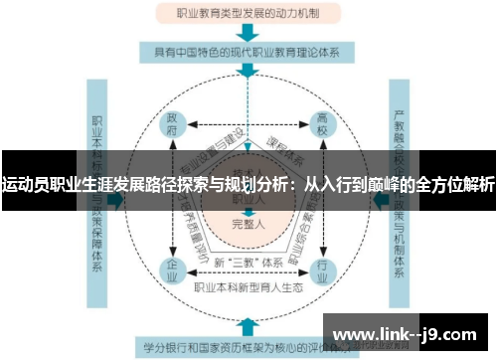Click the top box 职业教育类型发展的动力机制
(248, 15)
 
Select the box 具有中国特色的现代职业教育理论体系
(248, 51)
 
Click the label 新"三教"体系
(247, 261)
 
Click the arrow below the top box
(248, 32)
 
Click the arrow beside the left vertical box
(118, 199)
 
